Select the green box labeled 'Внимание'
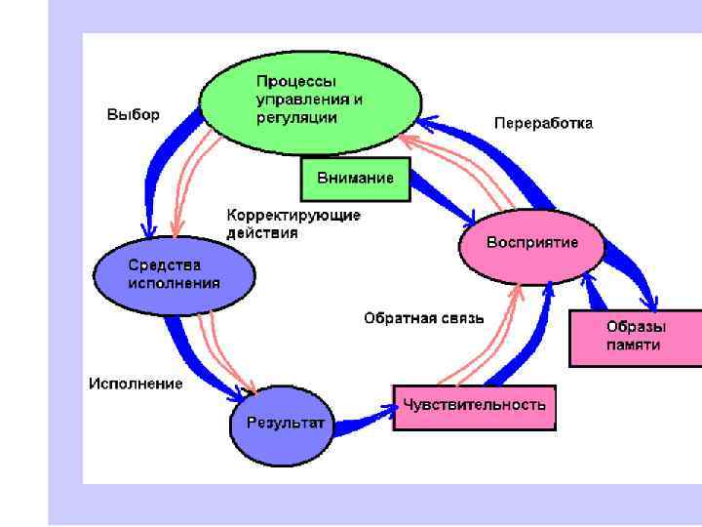pos(355,179)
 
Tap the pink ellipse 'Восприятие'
pos(531,243)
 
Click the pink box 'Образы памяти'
pos(634,337)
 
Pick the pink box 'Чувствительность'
pos(475,405)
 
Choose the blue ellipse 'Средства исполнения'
pos(174,275)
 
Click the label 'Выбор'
pos(133,115)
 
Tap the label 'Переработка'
pos(543,123)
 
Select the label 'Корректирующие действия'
pos(279,223)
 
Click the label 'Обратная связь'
pos(423,317)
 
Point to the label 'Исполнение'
pos(136,384)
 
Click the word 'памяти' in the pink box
pos(633,345)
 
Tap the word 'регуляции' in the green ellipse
pos(296,117)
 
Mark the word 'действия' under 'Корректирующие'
pos(262,233)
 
